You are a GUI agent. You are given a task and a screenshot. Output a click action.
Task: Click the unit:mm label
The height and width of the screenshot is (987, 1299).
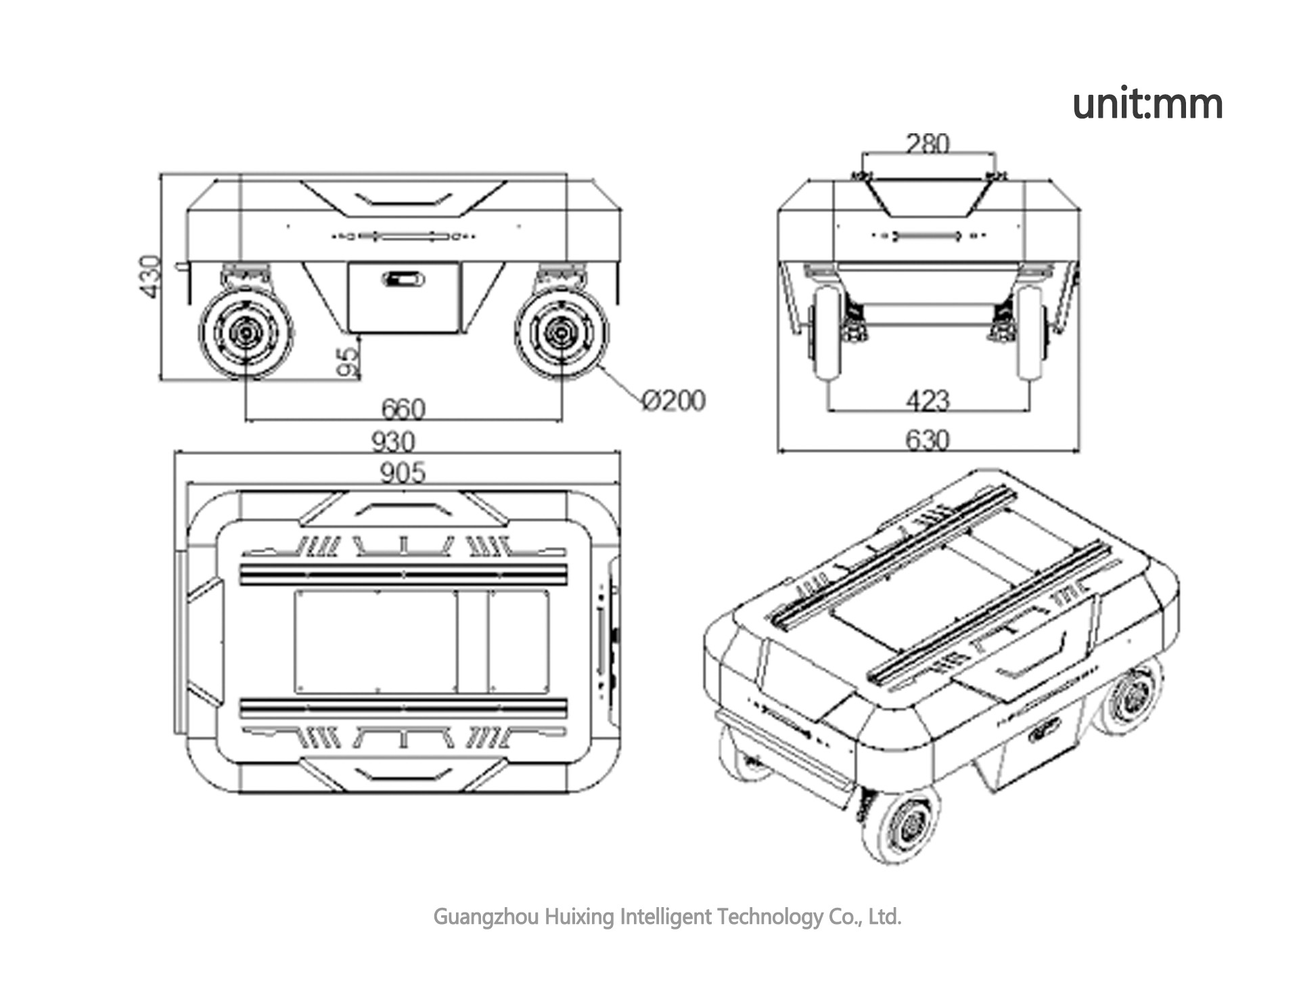click(1147, 104)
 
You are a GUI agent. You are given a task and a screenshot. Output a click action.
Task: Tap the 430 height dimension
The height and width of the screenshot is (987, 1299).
click(150, 276)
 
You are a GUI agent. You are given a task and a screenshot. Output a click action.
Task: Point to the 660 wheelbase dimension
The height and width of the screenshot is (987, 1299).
click(403, 409)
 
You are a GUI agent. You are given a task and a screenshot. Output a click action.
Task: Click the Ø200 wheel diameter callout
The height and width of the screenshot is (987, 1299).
click(673, 400)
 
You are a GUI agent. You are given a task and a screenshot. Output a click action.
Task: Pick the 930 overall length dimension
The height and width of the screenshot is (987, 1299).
click(393, 442)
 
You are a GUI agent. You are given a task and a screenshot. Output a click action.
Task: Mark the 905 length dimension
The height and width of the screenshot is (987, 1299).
click(403, 473)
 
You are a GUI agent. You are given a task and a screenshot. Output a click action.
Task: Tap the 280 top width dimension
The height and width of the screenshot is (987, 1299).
click(928, 144)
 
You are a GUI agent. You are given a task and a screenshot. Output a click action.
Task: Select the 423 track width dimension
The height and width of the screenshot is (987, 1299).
click(928, 400)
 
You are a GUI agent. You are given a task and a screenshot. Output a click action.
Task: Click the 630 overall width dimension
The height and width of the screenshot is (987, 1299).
click(928, 440)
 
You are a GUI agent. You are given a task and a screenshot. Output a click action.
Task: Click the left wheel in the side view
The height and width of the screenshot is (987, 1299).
click(246, 333)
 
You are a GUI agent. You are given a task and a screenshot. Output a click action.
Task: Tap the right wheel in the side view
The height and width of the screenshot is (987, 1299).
click(561, 333)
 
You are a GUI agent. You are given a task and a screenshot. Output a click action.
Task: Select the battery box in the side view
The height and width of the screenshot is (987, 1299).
click(404, 298)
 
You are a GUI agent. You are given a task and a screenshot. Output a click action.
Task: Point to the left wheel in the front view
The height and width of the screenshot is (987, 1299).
click(827, 332)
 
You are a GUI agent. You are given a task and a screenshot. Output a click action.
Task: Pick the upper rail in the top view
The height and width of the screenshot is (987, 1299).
click(403, 575)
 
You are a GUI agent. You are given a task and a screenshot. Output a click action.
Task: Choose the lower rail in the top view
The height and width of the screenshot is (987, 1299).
click(403, 708)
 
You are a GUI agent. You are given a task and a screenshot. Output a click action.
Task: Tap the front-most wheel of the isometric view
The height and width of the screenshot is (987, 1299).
click(900, 825)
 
